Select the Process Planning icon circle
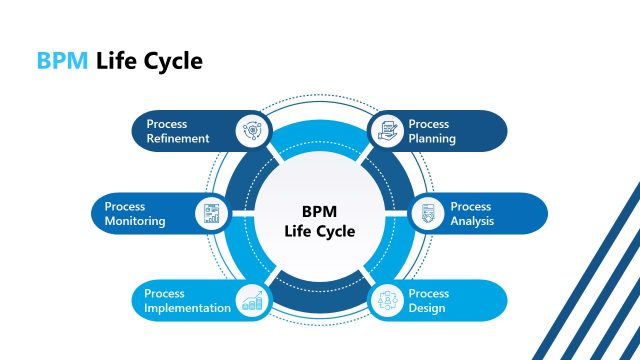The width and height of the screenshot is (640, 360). [386, 131]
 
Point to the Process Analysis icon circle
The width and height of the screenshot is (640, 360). [428, 213]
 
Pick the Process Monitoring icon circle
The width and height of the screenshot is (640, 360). [210, 213]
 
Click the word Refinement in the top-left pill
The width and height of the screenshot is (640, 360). [177, 139]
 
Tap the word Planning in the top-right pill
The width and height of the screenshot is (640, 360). [432, 139]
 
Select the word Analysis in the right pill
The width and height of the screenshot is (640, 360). [472, 221]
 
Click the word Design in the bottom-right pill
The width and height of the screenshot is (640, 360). [427, 308]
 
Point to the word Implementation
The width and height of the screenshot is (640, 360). [187, 308]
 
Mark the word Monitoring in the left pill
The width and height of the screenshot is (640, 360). [135, 221]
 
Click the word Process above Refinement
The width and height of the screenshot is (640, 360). [166, 124]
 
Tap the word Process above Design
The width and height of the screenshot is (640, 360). [429, 293]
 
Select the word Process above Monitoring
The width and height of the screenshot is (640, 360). [125, 206]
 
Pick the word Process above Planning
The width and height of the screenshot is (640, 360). [429, 124]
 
